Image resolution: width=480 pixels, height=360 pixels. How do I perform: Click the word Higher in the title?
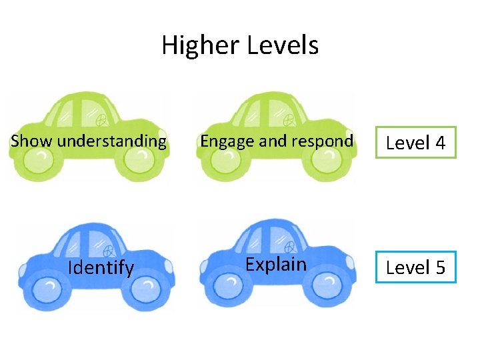click(x=201, y=46)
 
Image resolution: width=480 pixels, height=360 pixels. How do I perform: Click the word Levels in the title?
click(x=283, y=46)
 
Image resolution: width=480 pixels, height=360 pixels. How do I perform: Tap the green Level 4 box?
click(x=415, y=143)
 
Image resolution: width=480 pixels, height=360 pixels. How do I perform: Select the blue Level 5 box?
click(x=415, y=267)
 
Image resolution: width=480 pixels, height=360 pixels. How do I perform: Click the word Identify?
click(x=101, y=268)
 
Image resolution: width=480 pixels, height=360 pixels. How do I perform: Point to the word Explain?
click(x=276, y=264)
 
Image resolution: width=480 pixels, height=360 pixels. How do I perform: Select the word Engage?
click(x=223, y=141)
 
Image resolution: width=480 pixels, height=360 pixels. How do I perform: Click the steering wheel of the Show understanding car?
click(x=102, y=120)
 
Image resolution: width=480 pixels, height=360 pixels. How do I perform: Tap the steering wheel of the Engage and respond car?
click(x=290, y=121)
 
